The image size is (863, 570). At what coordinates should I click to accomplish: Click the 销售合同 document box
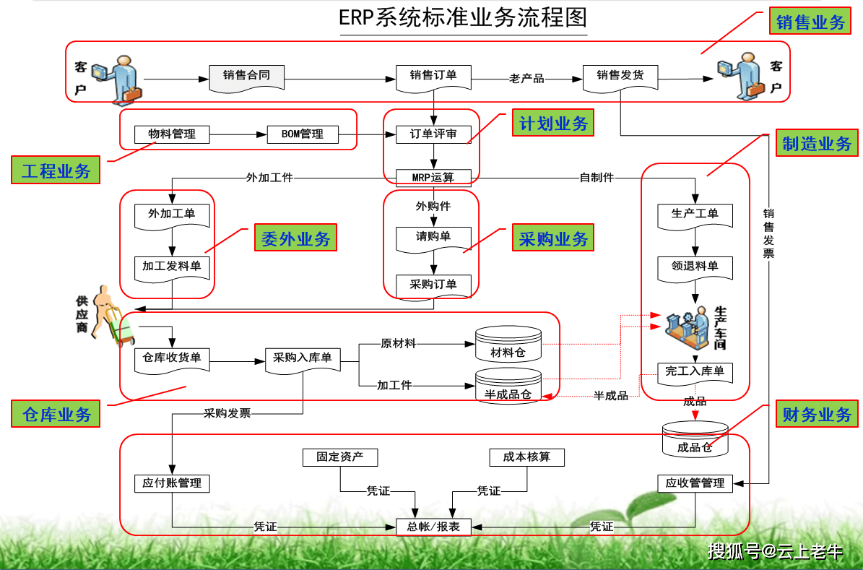tap(246, 75)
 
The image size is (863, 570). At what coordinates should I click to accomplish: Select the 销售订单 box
tap(433, 75)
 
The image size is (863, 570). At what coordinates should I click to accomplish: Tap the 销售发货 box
tap(620, 75)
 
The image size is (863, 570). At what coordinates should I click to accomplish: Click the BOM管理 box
tap(302, 134)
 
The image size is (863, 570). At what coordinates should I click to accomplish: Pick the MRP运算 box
tap(433, 177)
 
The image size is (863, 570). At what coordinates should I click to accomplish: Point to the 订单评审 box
tap(433, 134)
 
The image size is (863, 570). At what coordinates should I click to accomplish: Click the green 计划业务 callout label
tap(553, 124)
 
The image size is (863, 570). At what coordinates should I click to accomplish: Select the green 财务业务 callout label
tap(817, 415)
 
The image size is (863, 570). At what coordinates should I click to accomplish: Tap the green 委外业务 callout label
tap(295, 238)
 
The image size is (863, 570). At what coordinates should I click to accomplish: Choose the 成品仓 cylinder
tap(695, 440)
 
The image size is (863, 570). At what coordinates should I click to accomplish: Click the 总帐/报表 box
tap(433, 527)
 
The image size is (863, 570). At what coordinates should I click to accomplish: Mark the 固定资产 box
tap(339, 457)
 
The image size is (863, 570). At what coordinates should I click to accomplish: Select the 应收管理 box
tap(695, 483)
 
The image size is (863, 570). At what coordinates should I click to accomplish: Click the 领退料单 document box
tap(695, 266)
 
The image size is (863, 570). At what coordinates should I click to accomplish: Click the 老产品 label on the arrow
tap(526, 78)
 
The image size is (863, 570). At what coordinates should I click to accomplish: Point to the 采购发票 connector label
tap(227, 414)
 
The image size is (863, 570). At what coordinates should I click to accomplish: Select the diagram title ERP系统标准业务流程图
tap(463, 18)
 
